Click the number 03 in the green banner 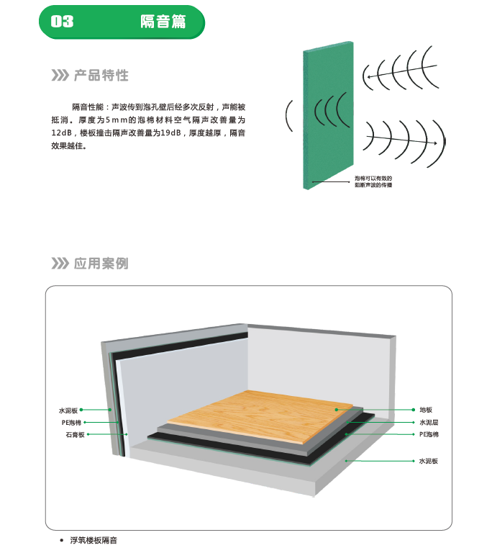[62, 22]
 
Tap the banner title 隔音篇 [163, 22]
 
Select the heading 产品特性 [101, 76]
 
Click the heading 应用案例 [101, 264]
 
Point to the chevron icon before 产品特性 [60, 75]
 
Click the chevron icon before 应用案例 [60, 263]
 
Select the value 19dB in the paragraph [170, 132]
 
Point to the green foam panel [328, 115]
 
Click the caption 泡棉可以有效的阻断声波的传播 [373, 181]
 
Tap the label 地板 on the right [426, 410]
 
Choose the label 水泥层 [429, 422]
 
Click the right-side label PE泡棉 [429, 434]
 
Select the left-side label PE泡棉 [72, 423]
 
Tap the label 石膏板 [76, 435]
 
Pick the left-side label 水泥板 [68, 410]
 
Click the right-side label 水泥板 [429, 461]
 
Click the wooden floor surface [260, 416]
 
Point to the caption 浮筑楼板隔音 [94, 540]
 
